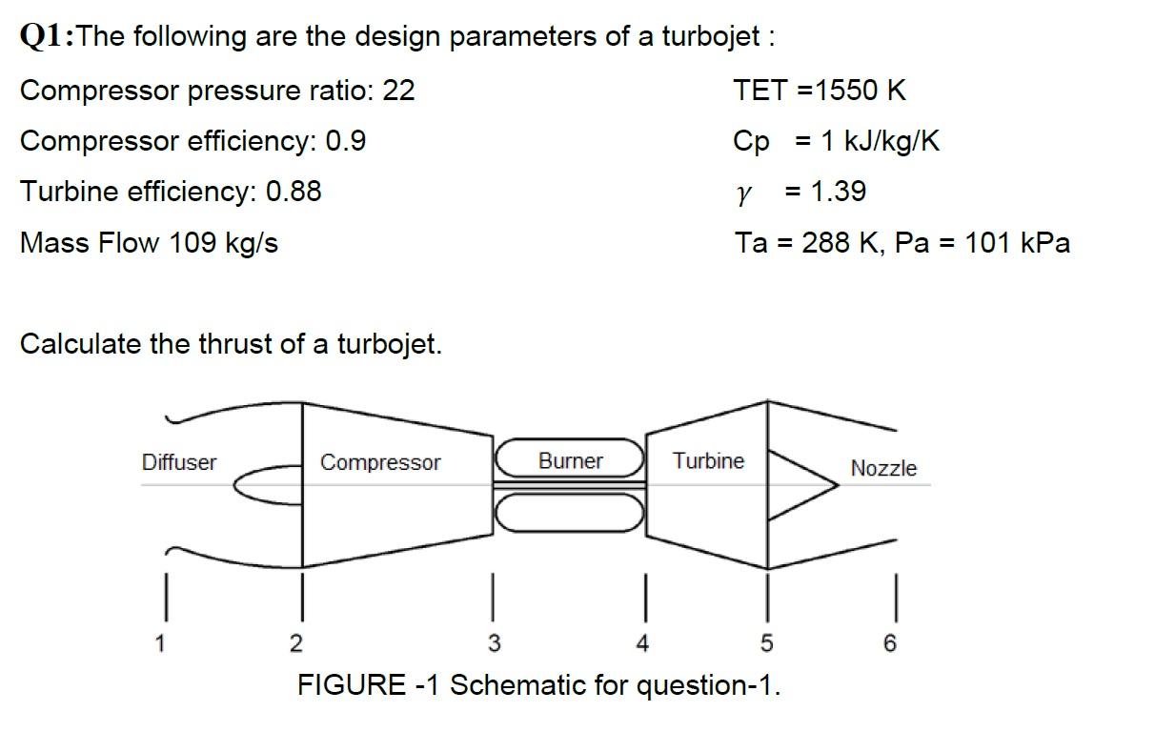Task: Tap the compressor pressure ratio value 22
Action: (398, 91)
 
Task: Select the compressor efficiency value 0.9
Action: (346, 141)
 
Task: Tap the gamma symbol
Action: (744, 193)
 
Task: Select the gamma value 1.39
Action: (838, 192)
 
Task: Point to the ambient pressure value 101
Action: (985, 243)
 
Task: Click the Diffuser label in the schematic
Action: (179, 462)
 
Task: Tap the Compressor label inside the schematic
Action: (380, 462)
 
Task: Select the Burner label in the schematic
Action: (570, 461)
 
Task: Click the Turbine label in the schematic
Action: (708, 461)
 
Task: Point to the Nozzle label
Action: (883, 468)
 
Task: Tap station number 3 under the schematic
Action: (494, 644)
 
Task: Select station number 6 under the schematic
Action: (889, 644)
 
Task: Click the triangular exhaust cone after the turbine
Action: (797, 484)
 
